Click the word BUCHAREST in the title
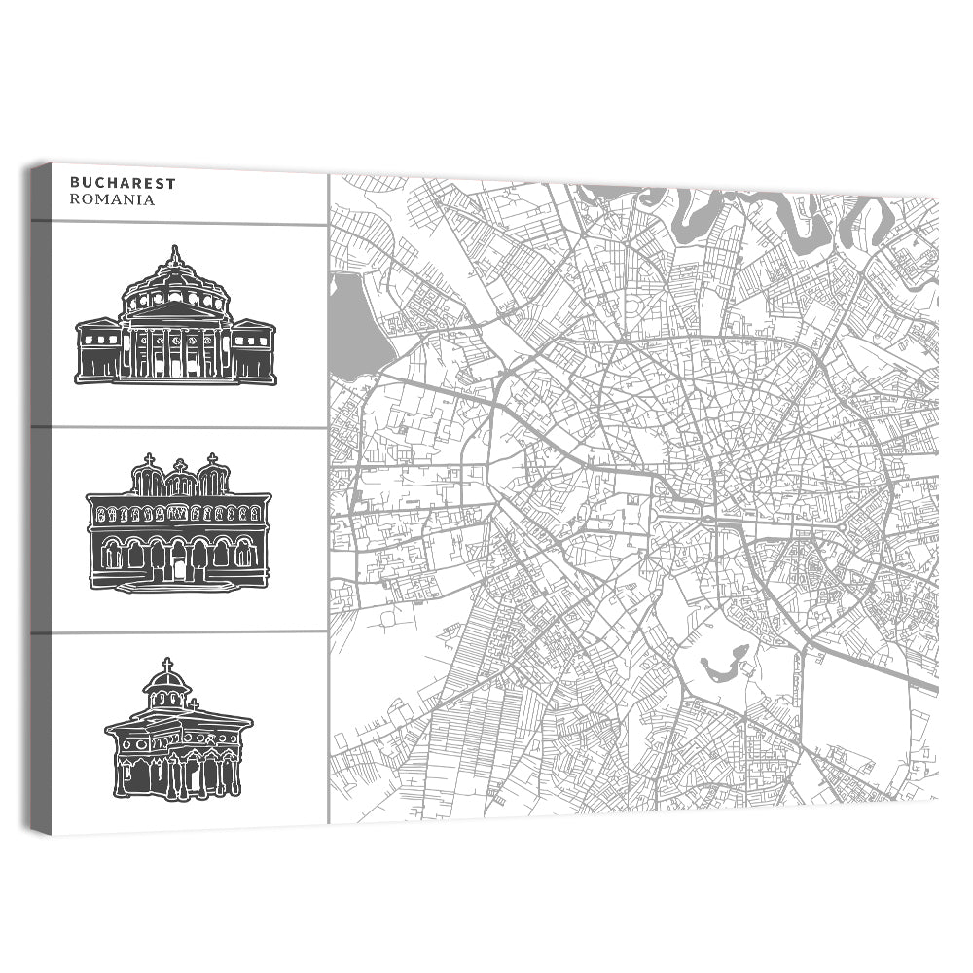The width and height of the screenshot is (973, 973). pyautogui.click(x=109, y=182)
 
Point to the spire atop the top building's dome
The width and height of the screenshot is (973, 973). pyautogui.click(x=175, y=254)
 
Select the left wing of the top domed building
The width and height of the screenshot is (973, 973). pyautogui.click(x=98, y=350)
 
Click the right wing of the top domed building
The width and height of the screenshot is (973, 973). pyautogui.click(x=253, y=350)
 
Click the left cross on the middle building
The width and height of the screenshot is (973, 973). pyautogui.click(x=149, y=459)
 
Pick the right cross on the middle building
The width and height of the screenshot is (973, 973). pyautogui.click(x=212, y=458)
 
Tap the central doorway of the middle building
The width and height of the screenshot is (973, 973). pyautogui.click(x=178, y=564)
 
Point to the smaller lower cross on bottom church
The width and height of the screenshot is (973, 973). pyautogui.click(x=194, y=703)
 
